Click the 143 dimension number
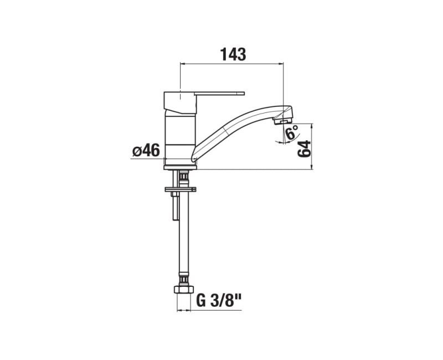point(233,54)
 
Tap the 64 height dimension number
point(304,148)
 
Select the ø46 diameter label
point(146,150)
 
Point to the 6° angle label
point(292,133)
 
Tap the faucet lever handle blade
point(219,93)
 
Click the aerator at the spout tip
point(282,121)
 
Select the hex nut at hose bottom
point(184,290)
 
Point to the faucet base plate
point(180,167)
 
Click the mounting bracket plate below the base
point(181,189)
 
